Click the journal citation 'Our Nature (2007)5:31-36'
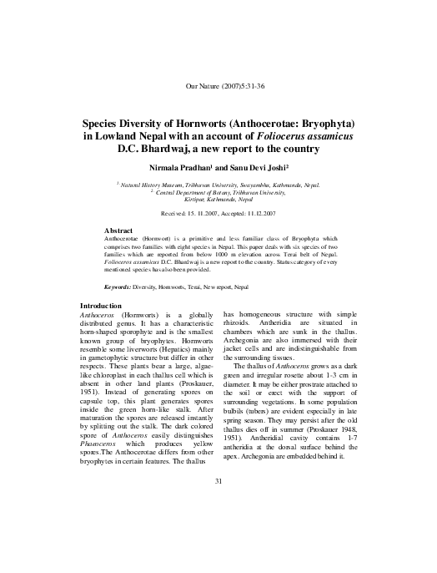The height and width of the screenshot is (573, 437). click(218, 87)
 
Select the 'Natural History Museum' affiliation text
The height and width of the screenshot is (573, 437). click(153, 185)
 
